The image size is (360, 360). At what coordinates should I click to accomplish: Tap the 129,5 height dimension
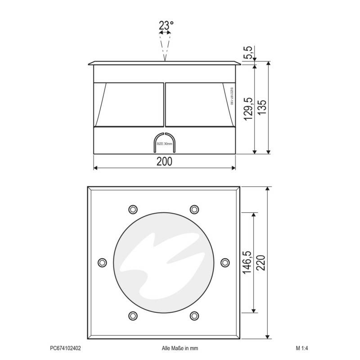[x=248, y=108]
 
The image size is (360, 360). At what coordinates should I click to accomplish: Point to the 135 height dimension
[x=262, y=108]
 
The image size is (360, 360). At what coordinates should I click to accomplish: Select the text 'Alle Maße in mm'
[x=180, y=348]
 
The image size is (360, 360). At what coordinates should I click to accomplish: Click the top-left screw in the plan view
[x=132, y=209]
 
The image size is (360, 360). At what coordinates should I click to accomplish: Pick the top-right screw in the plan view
[x=194, y=209]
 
